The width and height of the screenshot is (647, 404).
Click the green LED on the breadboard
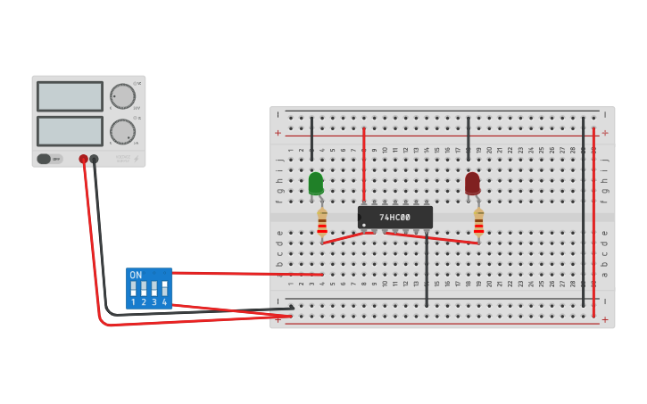(316, 183)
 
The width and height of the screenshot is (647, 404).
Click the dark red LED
(472, 183)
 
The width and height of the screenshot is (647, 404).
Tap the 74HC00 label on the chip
(394, 217)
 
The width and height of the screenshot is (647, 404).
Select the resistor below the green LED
(322, 222)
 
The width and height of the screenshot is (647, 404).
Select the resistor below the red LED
(478, 222)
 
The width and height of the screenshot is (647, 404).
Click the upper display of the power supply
(70, 96)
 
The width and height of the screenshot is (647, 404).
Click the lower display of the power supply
(70, 131)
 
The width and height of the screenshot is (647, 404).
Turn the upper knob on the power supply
(122, 96)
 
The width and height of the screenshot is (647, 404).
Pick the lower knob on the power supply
(122, 132)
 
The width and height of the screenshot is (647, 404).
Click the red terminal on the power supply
(83, 159)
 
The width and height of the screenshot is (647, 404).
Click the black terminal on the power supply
(94, 159)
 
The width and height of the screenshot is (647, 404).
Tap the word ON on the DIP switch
(136, 276)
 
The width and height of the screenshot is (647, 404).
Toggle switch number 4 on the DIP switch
(164, 289)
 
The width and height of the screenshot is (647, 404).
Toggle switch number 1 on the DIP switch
(133, 289)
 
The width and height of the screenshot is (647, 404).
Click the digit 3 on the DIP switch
(153, 302)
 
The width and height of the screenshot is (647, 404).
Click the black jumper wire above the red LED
(468, 138)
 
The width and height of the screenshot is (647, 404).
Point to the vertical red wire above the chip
(364, 165)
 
